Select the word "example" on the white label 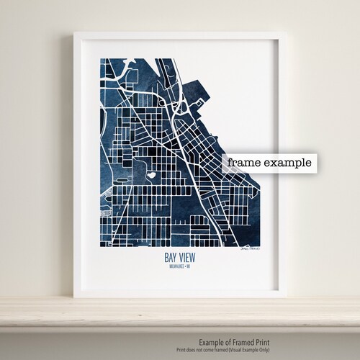(x=286, y=163)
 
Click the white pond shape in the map (x=153, y=173)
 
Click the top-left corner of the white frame (x=73, y=32)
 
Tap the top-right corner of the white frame (x=287, y=32)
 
